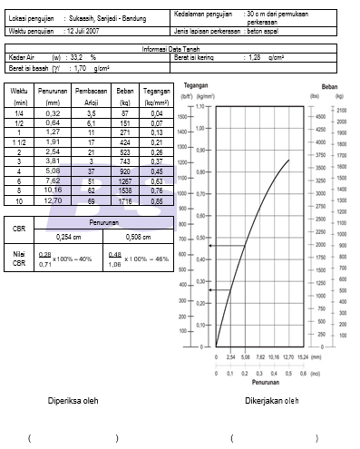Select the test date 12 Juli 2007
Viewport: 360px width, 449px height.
[x=90, y=31]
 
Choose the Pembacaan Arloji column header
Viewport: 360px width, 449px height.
[x=91, y=95]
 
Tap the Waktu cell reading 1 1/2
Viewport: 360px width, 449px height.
[x=19, y=142]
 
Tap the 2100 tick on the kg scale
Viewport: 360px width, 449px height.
[x=342, y=109]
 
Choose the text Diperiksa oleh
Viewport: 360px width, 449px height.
[x=73, y=400]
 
